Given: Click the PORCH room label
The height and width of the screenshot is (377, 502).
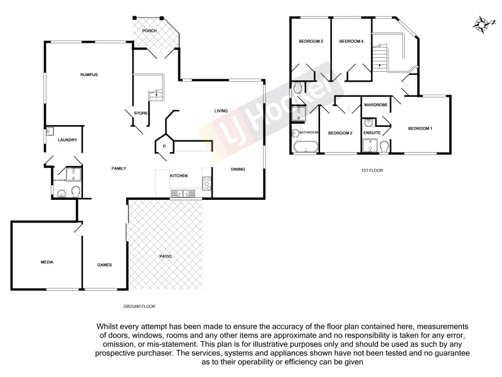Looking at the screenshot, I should [x=149, y=31].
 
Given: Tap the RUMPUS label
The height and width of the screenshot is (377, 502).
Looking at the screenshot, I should [x=89, y=75].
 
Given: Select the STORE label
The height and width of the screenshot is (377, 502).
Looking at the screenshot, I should [x=140, y=113].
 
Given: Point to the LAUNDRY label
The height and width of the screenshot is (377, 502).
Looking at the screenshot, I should [x=67, y=139].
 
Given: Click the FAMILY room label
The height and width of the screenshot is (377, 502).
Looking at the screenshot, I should [x=119, y=168].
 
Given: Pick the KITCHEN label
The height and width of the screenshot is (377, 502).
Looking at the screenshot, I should [x=179, y=175].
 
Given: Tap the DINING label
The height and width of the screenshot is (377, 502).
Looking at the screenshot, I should [x=237, y=168].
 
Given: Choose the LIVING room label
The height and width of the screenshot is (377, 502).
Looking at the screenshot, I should [x=221, y=111].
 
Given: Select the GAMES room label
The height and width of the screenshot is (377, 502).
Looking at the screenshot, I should [x=104, y=265].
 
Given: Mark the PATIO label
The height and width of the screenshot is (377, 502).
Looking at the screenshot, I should [x=165, y=256].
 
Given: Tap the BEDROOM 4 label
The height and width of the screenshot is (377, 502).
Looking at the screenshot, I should [x=351, y=41].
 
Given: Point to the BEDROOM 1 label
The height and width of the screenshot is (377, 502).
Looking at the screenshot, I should [x=420, y=128].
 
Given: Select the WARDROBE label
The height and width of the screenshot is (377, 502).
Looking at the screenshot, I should [x=375, y=104].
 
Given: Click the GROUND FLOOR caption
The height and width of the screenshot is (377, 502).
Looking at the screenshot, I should [x=139, y=306].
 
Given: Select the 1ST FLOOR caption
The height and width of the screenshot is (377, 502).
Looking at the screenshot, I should [x=372, y=170].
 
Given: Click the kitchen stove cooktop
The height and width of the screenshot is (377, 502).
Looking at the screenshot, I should [x=205, y=183].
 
